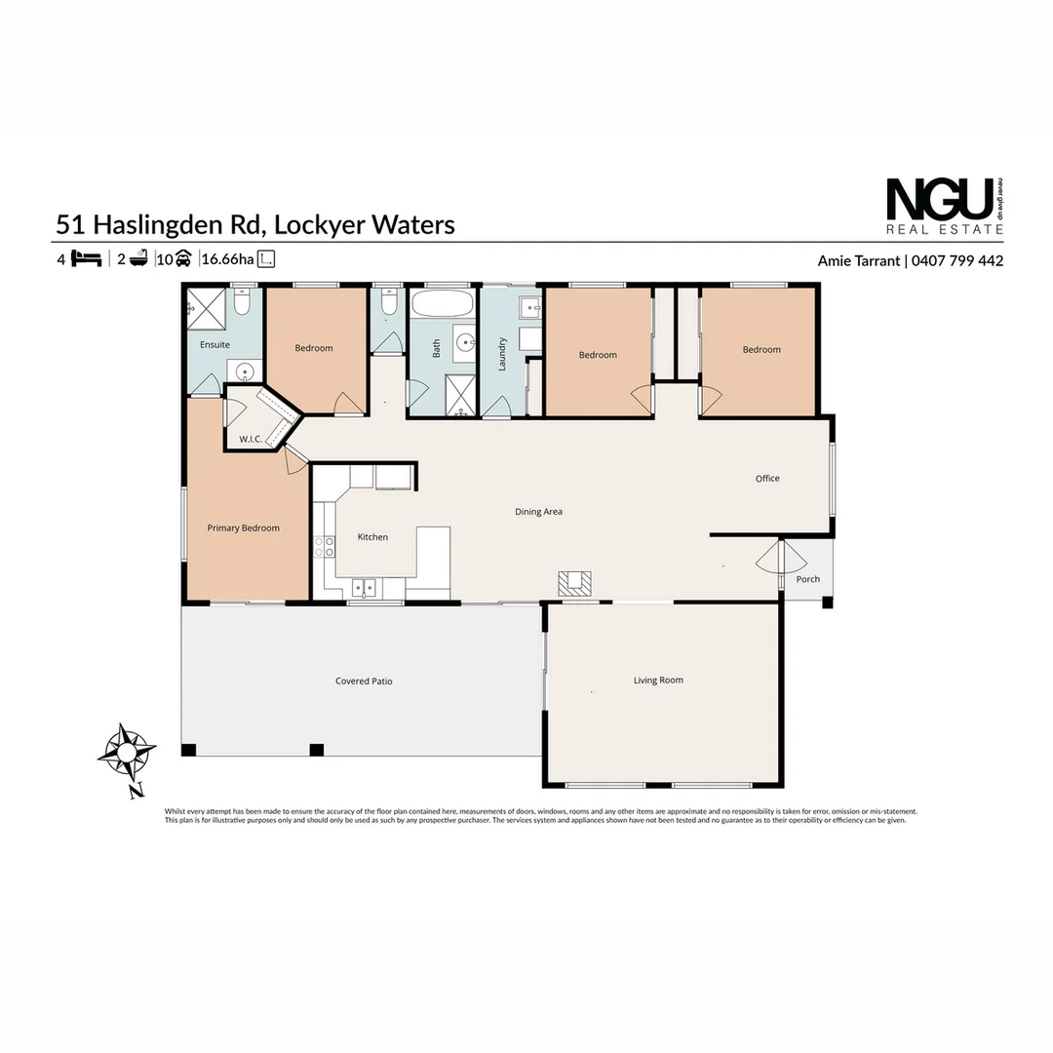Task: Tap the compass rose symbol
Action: click(x=127, y=753)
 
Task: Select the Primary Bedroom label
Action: click(x=243, y=528)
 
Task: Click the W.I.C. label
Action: click(x=251, y=440)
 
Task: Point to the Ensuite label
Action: click(x=214, y=345)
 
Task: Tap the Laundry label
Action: click(x=503, y=353)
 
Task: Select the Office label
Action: click(x=767, y=479)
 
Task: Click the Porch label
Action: click(x=808, y=579)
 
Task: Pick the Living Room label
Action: click(x=658, y=681)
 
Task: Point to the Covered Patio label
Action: click(x=364, y=682)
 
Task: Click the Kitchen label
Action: click(x=372, y=537)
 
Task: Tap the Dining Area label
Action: click(x=538, y=512)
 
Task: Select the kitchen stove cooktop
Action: click(x=324, y=547)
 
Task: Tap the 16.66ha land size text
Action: click(x=227, y=259)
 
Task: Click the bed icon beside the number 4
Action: click(x=87, y=259)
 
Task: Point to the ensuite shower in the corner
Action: click(x=206, y=307)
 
